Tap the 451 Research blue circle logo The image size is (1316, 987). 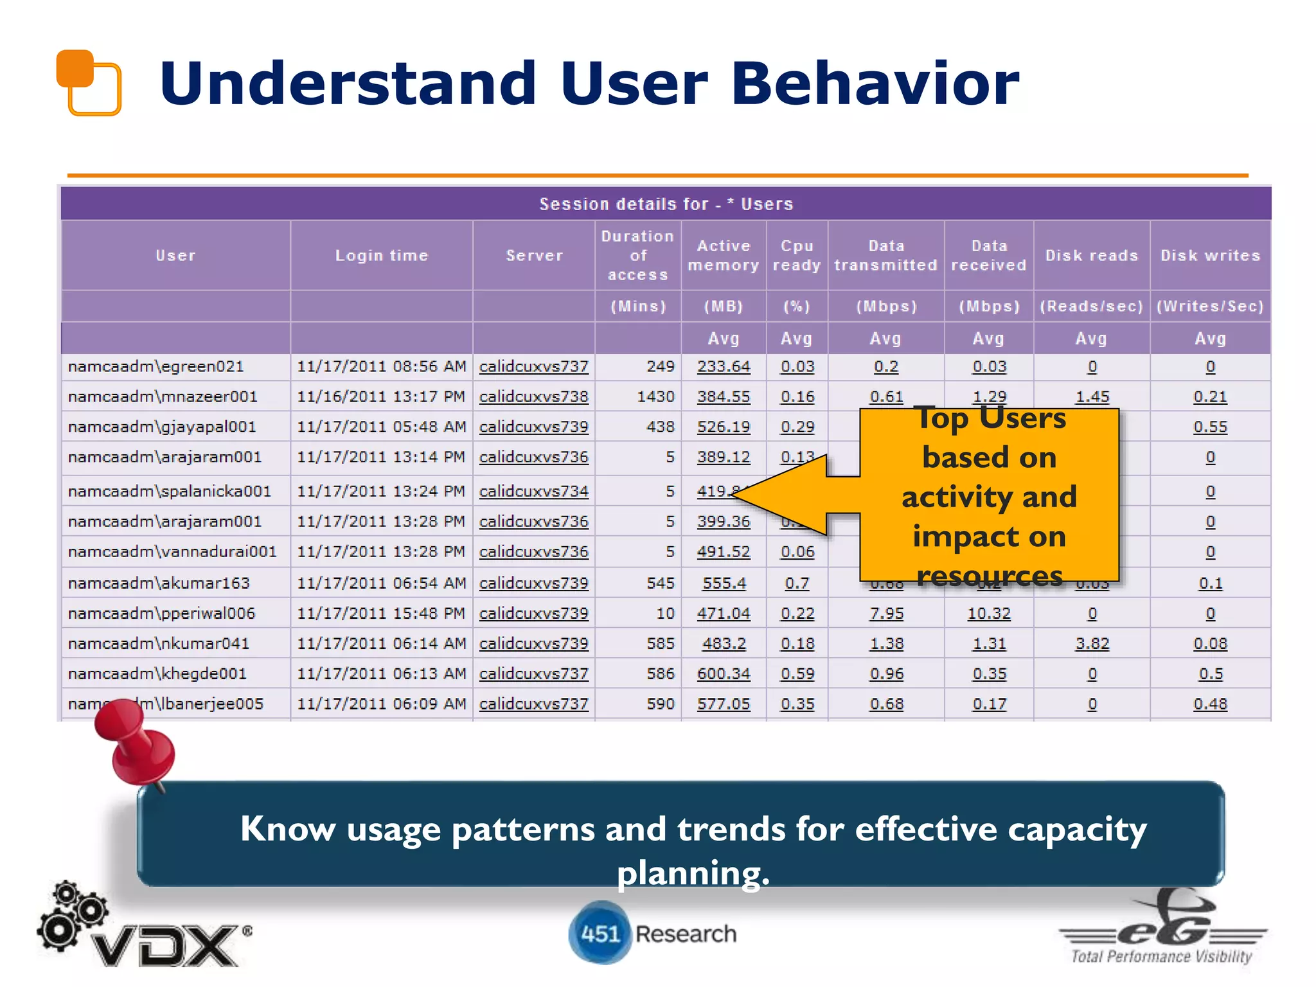[599, 933]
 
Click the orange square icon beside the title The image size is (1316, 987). [89, 82]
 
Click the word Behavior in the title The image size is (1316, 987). [875, 84]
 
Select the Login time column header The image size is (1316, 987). [381, 255]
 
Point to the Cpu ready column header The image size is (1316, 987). [796, 255]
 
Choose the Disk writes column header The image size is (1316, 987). [1210, 255]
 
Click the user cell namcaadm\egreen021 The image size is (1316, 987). [156, 366]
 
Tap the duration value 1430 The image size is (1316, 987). [655, 396]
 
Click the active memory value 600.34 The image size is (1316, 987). [724, 673]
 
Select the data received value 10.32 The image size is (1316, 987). [988, 614]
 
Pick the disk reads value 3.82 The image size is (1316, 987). [1092, 643]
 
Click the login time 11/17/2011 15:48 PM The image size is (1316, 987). [381, 614]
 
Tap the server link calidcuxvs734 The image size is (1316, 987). [533, 492]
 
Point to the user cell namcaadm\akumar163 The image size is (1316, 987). [159, 583]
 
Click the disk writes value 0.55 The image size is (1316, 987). [1210, 427]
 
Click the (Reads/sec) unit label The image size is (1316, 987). [1091, 306]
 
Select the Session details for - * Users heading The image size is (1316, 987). [666, 204]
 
